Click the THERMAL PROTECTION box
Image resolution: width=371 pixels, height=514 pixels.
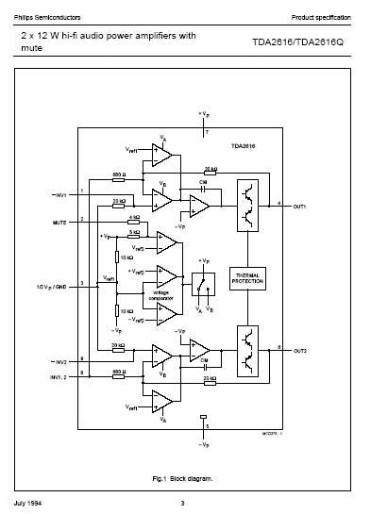(x=249, y=278)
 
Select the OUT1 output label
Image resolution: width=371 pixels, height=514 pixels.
(x=300, y=205)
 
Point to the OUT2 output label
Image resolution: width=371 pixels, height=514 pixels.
(x=300, y=350)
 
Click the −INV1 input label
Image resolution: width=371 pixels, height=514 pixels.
(x=59, y=195)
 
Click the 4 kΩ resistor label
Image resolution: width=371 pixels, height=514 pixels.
(x=133, y=218)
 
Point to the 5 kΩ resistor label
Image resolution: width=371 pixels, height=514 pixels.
(x=133, y=231)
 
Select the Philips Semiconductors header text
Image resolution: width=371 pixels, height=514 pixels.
(x=45, y=17)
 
